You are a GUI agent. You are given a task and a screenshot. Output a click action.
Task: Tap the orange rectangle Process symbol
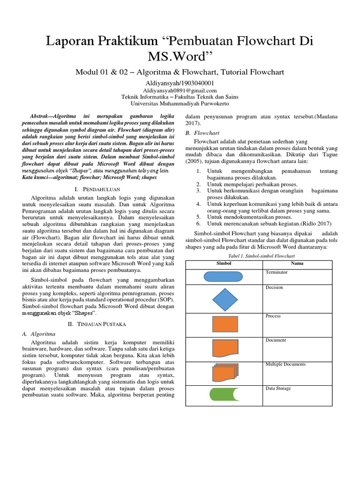click(225, 324)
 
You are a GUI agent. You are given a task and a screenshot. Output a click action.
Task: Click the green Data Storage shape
click(224, 395)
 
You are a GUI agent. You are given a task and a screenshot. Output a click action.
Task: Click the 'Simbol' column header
click(224, 263)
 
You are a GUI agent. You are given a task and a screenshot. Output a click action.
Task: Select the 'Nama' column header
click(297, 263)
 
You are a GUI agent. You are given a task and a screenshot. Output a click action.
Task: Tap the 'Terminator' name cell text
click(277, 272)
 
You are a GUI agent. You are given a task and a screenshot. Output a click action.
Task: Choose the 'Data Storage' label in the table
click(278, 388)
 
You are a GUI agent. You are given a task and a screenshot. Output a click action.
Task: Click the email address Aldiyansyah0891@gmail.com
click(180, 90)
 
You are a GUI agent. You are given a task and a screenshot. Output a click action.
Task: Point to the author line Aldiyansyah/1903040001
click(180, 82)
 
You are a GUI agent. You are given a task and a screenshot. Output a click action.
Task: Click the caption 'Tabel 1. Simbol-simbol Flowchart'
click(261, 256)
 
